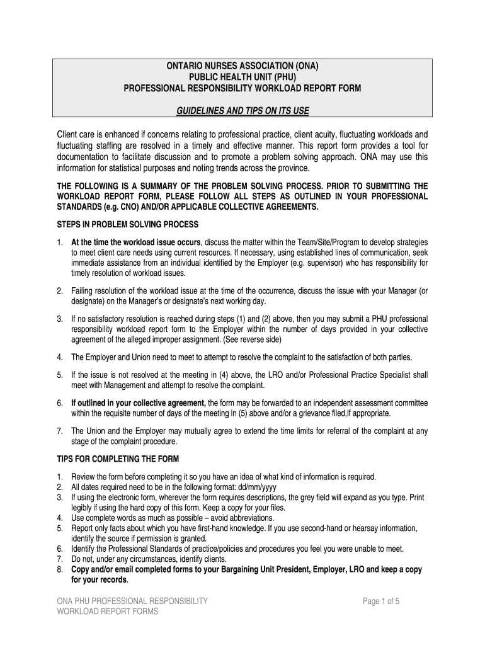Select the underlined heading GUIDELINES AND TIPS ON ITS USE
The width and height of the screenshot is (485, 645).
(243, 111)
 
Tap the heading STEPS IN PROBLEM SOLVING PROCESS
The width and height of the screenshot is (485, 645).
(128, 224)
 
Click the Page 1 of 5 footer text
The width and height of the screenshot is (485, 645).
(381, 602)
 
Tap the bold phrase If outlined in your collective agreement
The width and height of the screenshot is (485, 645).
(139, 403)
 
